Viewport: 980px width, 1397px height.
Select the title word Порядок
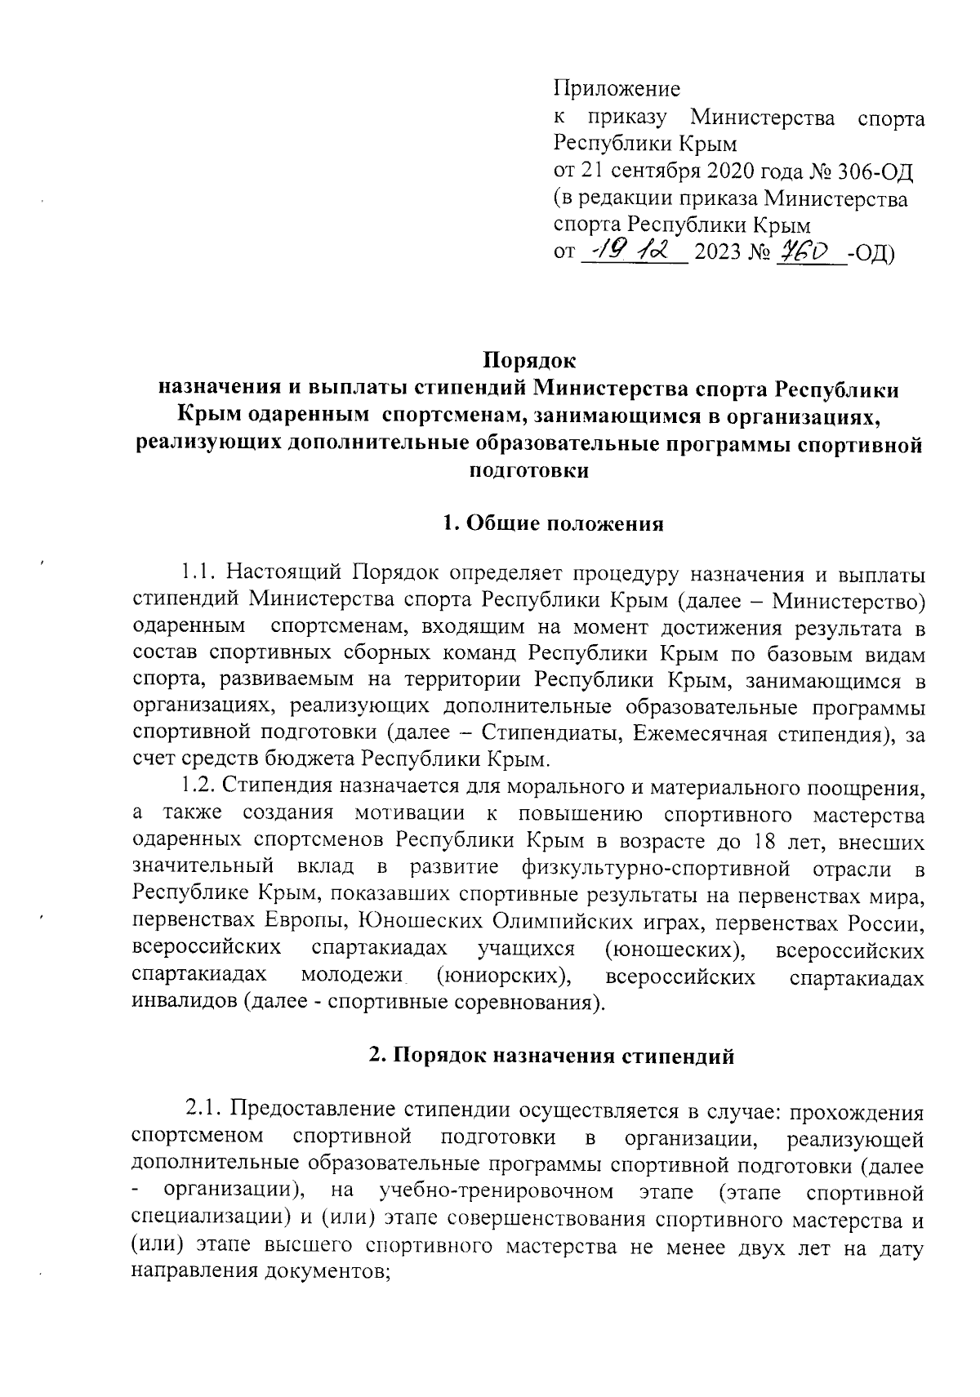(528, 360)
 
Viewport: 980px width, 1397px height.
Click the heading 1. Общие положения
(552, 523)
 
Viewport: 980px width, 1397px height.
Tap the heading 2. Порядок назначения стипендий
(551, 1056)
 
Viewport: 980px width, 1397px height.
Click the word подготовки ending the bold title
(529, 471)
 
